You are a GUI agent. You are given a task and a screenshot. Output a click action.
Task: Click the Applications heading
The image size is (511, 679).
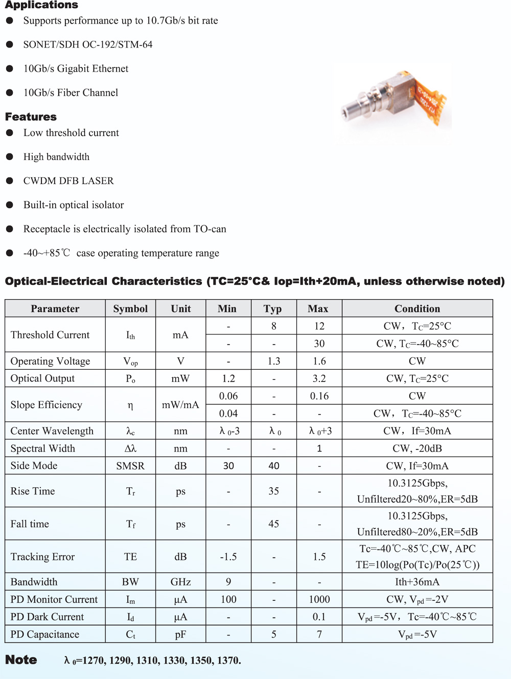[x=41, y=5]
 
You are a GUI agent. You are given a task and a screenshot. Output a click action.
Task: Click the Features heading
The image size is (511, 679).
[x=31, y=117]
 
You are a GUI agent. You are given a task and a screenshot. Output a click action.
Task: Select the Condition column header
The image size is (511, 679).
[x=417, y=309]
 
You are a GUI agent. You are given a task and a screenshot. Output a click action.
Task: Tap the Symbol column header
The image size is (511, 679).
[x=130, y=309]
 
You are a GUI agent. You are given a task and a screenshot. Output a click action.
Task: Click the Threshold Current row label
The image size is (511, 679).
[x=50, y=335]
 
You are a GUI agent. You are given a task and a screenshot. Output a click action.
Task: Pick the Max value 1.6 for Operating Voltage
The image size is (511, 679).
[x=319, y=361]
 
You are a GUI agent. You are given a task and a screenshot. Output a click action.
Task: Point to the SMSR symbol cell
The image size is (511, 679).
[x=130, y=466]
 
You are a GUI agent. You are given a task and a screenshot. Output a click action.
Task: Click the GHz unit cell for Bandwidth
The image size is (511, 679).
[x=180, y=582]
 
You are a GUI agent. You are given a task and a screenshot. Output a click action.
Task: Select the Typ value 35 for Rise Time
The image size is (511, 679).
[x=274, y=491]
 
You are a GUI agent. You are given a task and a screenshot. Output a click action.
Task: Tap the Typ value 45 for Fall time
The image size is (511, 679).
[x=274, y=524]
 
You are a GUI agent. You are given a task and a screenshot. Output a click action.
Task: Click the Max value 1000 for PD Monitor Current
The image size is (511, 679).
[x=319, y=599]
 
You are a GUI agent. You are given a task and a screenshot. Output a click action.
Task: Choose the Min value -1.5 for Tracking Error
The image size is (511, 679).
[x=228, y=557]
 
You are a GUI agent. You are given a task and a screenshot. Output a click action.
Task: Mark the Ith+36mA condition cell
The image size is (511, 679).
[x=417, y=582]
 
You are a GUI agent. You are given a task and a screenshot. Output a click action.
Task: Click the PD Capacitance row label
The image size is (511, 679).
[x=45, y=635]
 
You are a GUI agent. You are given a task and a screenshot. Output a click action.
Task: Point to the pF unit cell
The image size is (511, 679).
[x=180, y=635]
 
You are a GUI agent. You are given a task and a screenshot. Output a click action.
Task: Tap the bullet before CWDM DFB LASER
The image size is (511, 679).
[x=10, y=181]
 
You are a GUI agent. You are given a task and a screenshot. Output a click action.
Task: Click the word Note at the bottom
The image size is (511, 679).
[x=21, y=660]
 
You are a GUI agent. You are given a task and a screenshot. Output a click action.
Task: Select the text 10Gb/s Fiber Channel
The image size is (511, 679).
[x=71, y=93]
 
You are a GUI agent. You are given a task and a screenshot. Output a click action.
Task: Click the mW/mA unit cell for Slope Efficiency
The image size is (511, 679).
[x=180, y=405]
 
